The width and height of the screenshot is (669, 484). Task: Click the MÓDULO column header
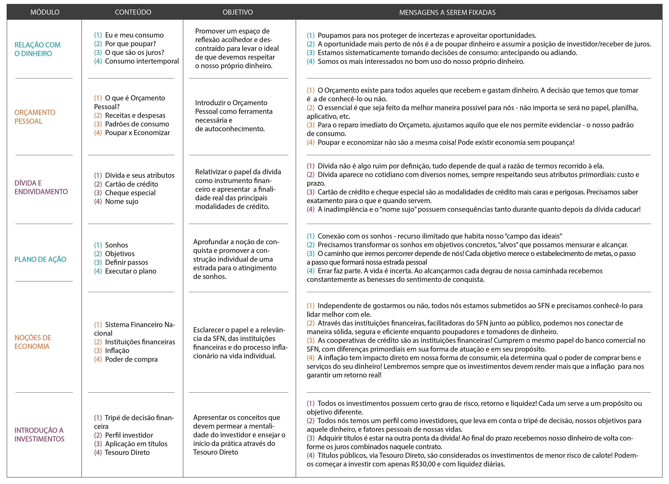coord(45,12)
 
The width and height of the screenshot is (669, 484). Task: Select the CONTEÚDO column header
coord(133,12)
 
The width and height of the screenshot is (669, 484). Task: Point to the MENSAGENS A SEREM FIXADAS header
coord(447,12)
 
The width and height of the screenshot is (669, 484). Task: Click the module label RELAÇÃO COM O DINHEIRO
coord(37,49)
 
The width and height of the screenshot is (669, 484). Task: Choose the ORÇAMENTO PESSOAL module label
coord(35,117)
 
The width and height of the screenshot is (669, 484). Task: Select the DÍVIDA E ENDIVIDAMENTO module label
coord(41,187)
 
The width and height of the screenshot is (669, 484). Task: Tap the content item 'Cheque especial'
coord(130,193)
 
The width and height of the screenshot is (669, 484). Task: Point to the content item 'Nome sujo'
coord(122,201)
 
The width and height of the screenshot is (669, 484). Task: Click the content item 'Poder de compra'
coord(131,359)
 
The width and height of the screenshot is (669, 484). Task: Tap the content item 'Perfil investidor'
coord(129,435)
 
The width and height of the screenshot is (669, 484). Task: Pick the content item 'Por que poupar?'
coord(130,44)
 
